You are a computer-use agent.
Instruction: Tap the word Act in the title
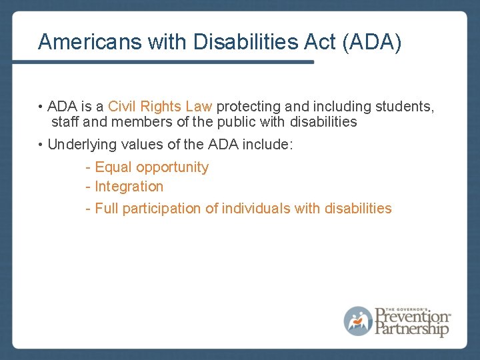tap(319, 41)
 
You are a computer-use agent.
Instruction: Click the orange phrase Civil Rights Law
tap(160, 106)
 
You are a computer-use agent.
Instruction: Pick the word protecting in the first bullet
tap(248, 106)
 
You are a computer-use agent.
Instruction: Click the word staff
tap(65, 122)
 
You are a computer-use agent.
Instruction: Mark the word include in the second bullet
tap(269, 144)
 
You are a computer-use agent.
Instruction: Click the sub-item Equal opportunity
tap(151, 167)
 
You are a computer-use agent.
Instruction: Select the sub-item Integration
tap(129, 187)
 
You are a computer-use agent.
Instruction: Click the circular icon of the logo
tap(358, 321)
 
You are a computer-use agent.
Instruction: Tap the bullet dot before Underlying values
tap(41, 145)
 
